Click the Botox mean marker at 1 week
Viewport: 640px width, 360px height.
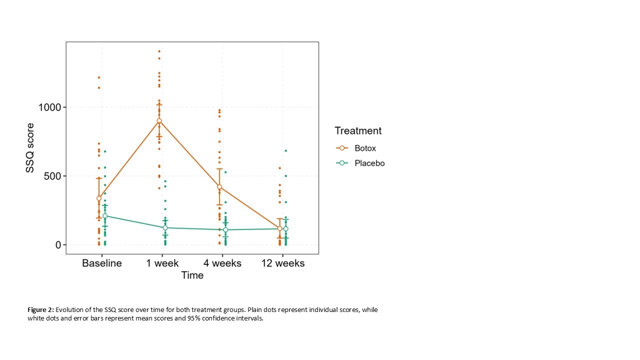pos(159,120)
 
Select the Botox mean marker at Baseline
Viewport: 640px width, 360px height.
pos(99,198)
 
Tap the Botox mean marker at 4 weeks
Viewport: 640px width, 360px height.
pos(219,187)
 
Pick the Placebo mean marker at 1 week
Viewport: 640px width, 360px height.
pos(165,227)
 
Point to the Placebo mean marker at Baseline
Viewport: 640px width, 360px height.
pos(105,216)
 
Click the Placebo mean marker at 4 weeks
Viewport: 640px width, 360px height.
pos(225,230)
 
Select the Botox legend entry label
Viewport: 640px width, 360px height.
pos(365,148)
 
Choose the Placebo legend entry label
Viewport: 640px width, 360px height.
pos(369,163)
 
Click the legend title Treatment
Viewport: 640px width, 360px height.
pos(358,131)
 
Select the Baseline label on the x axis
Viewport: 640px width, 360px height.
pos(102,263)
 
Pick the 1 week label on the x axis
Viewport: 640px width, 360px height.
pos(162,263)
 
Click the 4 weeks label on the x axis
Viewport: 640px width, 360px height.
pos(222,263)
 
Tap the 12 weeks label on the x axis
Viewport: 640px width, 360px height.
pos(282,263)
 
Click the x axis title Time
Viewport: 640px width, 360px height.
pos(192,275)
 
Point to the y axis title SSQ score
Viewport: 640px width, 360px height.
pos(30,148)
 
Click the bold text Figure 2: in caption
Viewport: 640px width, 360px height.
pos(40,310)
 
